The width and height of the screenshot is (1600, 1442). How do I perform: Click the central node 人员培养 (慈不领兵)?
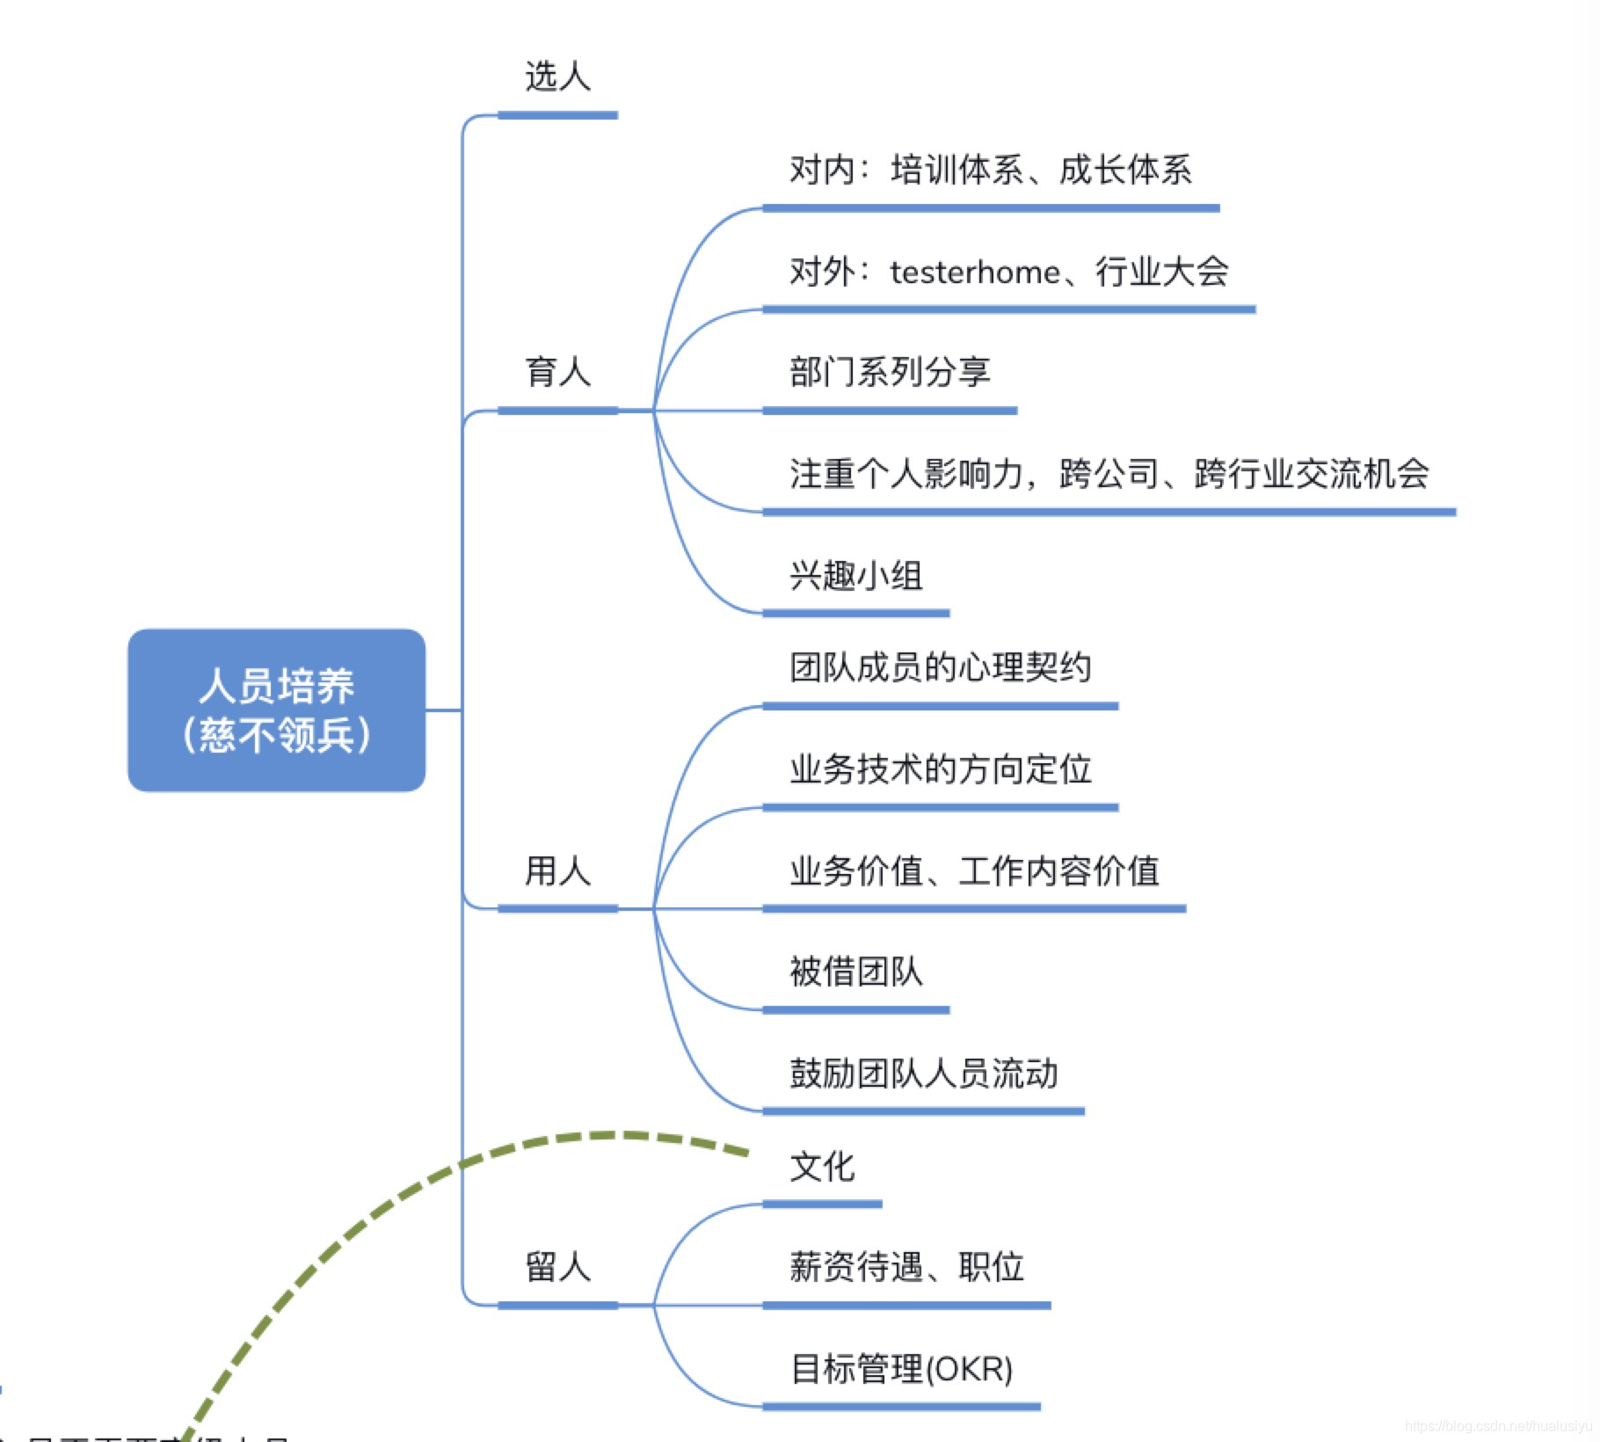tap(276, 710)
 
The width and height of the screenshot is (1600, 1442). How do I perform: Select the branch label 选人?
tap(557, 77)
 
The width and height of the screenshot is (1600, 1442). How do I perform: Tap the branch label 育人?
tap(557, 372)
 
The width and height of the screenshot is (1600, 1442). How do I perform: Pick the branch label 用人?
tap(557, 870)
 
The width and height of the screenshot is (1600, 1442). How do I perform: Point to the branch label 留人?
tap(557, 1267)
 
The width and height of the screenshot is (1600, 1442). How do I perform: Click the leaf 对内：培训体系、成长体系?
tap(990, 170)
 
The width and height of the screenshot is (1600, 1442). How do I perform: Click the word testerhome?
tap(974, 273)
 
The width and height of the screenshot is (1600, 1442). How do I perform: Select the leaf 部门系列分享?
tap(890, 372)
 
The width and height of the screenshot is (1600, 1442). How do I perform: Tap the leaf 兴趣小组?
tap(856, 576)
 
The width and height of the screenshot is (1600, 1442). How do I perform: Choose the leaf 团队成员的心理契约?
tap(940, 667)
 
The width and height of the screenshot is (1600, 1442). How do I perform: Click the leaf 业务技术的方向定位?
tap(940, 769)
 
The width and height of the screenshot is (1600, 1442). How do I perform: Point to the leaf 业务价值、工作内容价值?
tap(974, 870)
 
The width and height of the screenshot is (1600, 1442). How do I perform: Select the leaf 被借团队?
tap(856, 972)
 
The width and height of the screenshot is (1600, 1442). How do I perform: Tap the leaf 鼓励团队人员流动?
tap(923, 1073)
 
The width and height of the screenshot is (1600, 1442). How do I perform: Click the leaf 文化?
tap(822, 1167)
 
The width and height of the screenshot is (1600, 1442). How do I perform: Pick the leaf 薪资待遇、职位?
tap(906, 1267)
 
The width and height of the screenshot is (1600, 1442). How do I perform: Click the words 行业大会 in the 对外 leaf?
tap(1161, 272)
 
